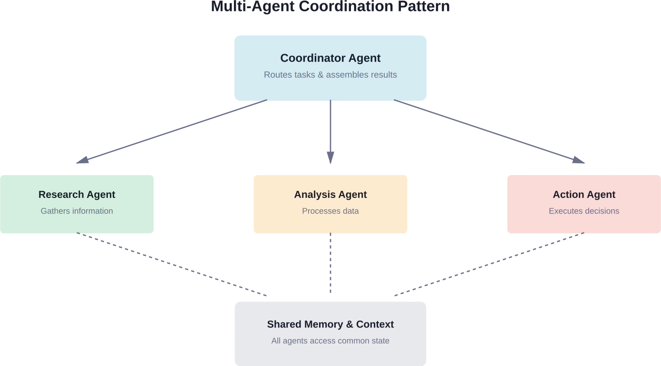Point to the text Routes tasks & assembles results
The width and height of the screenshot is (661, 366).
coord(330,75)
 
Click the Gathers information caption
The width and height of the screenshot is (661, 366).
coord(77,211)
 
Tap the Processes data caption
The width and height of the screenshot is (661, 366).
coord(330,211)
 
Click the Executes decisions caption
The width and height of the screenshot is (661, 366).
coord(584,211)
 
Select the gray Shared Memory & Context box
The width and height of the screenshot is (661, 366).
coord(330,347)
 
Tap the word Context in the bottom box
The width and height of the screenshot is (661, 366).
coord(375,325)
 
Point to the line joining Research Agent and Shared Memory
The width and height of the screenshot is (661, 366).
coord(174,264)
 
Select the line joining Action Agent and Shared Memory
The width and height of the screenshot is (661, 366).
coord(487,265)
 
